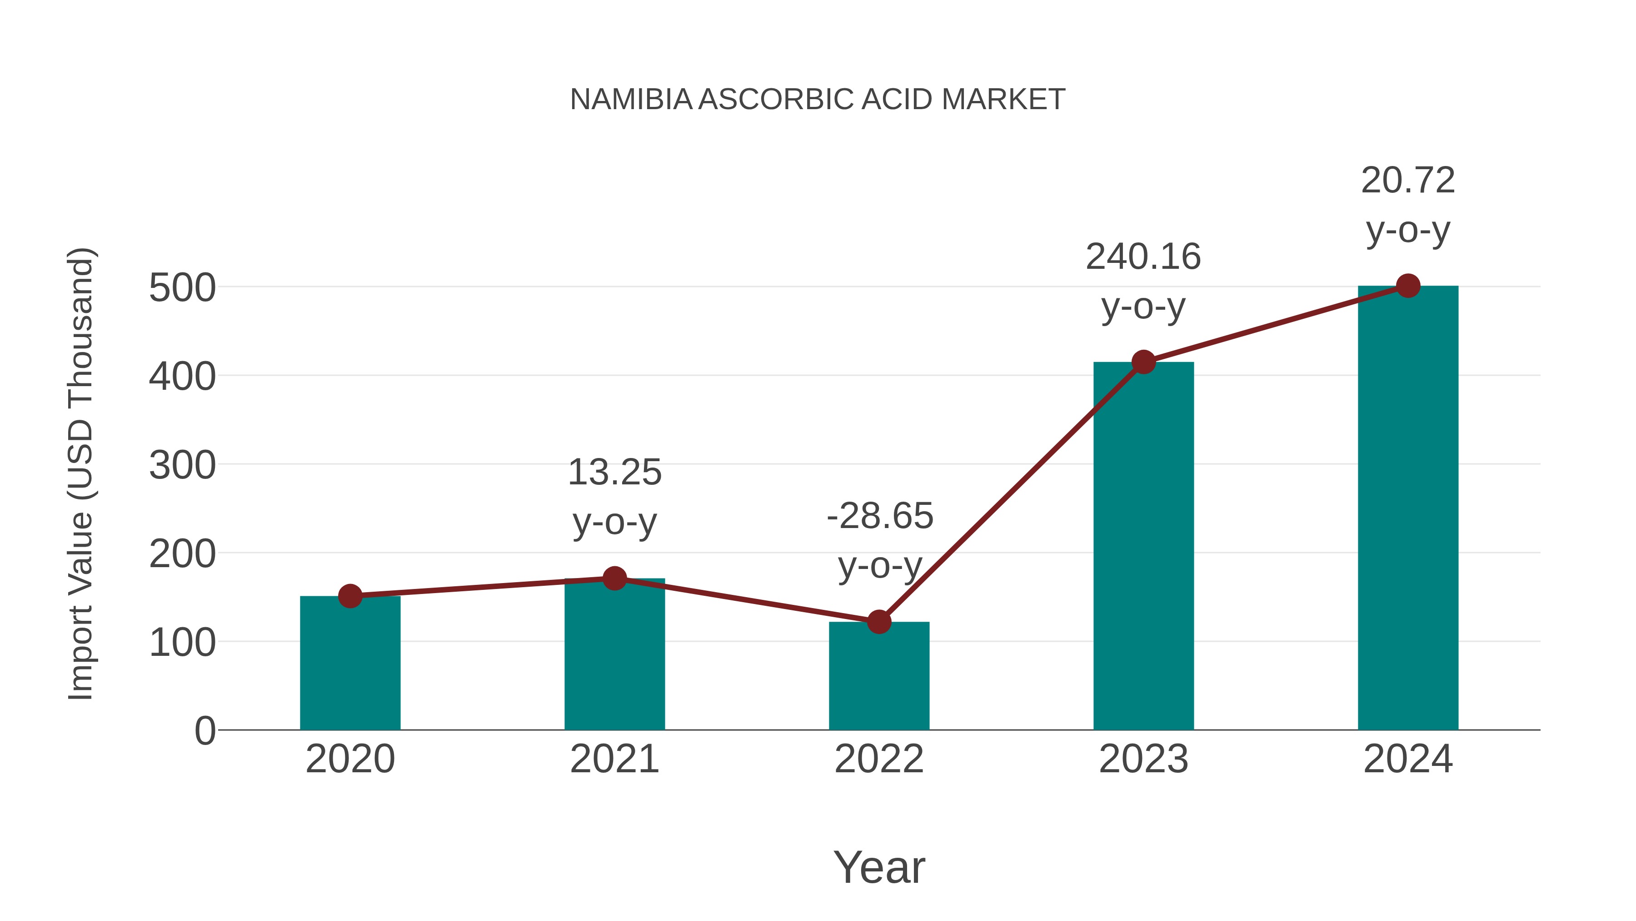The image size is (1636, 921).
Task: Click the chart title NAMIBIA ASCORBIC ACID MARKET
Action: [818, 100]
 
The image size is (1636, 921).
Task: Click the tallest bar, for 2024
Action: [1408, 508]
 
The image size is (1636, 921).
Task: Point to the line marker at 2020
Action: [350, 596]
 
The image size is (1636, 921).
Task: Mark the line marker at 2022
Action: [879, 622]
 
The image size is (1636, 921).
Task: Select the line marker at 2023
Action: [1143, 362]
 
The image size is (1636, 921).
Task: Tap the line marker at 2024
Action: [1408, 286]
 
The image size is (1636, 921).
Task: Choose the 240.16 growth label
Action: [1143, 257]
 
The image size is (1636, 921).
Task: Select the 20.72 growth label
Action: [1408, 181]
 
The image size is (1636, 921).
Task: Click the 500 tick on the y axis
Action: [182, 288]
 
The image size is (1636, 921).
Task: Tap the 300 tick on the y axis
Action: [182, 466]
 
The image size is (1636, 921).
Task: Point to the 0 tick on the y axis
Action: [205, 731]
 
